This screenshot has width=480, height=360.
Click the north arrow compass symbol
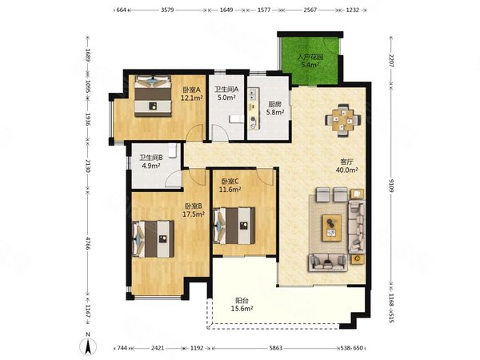pos(88,347)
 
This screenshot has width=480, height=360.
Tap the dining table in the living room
pos(343,120)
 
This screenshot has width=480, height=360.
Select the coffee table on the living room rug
pos(331,228)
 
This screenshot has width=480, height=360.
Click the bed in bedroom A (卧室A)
pos(153,96)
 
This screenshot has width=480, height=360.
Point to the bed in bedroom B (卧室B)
pos(153,239)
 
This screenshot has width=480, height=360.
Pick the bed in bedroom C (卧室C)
pos(234,226)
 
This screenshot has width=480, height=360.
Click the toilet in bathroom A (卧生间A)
pos(236,118)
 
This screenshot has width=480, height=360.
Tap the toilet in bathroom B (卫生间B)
pos(172,150)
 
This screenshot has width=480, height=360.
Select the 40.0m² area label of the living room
pos(347,170)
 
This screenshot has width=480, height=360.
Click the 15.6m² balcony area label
pos(242,309)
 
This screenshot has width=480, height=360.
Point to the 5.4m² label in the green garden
pos(310,65)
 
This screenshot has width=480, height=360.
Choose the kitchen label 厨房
pos(275,104)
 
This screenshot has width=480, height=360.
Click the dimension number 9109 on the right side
pos(391,186)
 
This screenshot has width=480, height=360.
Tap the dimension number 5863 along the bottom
pos(275,348)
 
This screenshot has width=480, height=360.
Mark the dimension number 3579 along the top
pos(167,10)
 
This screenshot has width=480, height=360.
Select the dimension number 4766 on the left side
pos(88,242)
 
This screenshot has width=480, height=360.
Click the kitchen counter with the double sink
pos(254,109)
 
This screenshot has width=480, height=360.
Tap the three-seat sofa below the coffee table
pos(327,262)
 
